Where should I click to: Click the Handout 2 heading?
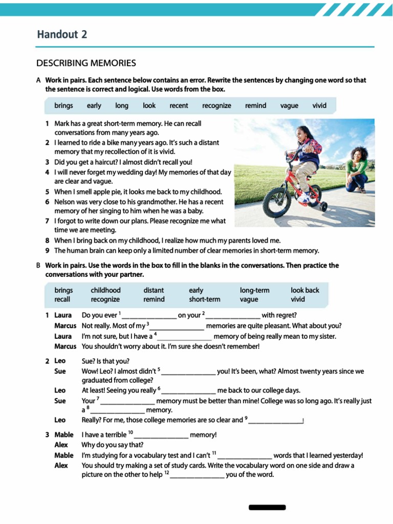(62, 34)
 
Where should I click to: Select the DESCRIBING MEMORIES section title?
(86, 63)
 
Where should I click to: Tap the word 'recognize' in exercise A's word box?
(216, 106)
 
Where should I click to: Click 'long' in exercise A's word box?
(122, 106)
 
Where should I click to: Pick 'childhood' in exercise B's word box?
(105, 290)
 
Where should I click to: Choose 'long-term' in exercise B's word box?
(254, 290)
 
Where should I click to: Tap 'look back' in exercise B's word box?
(304, 290)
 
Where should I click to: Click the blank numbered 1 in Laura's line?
(149, 316)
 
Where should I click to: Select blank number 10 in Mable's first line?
(162, 435)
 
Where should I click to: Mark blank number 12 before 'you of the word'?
(198, 475)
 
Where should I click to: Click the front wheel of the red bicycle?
(277, 202)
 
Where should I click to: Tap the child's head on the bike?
(305, 134)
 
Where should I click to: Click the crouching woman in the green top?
(357, 169)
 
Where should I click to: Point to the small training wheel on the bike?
(323, 206)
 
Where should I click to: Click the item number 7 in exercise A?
(47, 221)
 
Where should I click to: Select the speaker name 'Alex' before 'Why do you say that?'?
(61, 445)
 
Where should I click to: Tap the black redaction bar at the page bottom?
(267, 507)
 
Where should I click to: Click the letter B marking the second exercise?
(38, 266)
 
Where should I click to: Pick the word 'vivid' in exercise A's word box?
(319, 106)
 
